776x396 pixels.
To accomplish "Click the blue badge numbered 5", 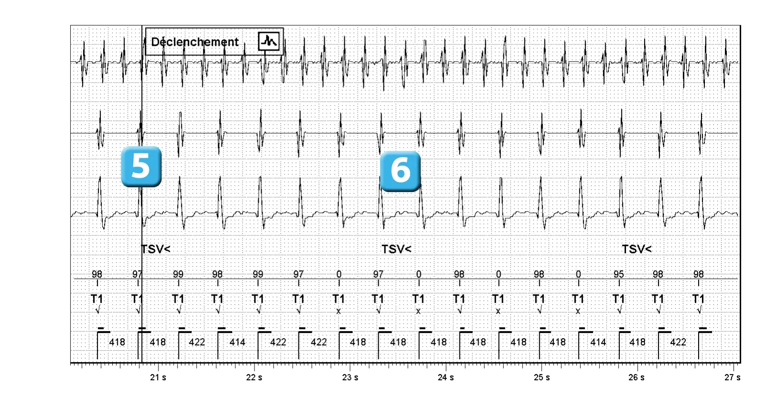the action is pyautogui.click(x=141, y=167).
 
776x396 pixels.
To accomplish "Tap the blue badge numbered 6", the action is pyautogui.click(x=401, y=171).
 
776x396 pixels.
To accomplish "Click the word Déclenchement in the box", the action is pyautogui.click(x=195, y=42).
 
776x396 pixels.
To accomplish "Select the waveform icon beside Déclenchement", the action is pyautogui.click(x=269, y=42).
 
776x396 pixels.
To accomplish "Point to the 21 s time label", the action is pyautogui.click(x=158, y=377).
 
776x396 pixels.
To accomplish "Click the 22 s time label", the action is pyautogui.click(x=254, y=377).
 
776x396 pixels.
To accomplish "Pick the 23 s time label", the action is pyautogui.click(x=350, y=377).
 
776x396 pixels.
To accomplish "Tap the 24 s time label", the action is pyautogui.click(x=446, y=377).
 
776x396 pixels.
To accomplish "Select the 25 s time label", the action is pyautogui.click(x=542, y=377).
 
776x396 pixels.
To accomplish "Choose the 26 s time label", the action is pyautogui.click(x=637, y=377).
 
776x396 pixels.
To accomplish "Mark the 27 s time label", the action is pyautogui.click(x=733, y=377).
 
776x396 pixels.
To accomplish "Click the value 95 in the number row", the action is pyautogui.click(x=619, y=274).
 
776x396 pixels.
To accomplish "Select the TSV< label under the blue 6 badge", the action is pyautogui.click(x=396, y=249).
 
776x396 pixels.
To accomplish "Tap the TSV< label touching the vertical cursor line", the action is pyautogui.click(x=156, y=249).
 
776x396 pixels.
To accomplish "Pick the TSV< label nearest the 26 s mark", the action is pyautogui.click(x=637, y=249).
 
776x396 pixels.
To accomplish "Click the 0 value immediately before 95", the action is pyautogui.click(x=578, y=274).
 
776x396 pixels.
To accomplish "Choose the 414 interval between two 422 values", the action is pyautogui.click(x=237, y=342).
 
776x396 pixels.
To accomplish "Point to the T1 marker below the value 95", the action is pyautogui.click(x=619, y=299).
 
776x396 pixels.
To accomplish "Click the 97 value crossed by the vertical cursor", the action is pyautogui.click(x=137, y=274).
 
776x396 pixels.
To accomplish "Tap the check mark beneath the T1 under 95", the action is pyautogui.click(x=619, y=310).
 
